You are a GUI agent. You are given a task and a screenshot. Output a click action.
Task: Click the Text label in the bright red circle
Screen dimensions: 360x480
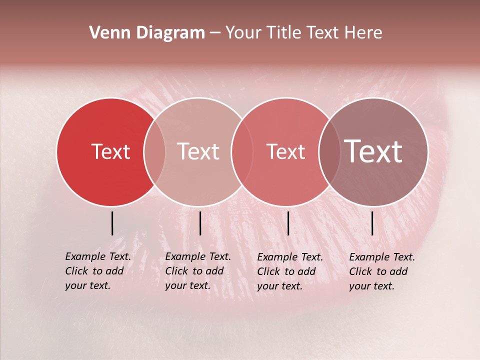coord(110,151)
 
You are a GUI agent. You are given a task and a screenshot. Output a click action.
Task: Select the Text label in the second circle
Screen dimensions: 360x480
coord(198,151)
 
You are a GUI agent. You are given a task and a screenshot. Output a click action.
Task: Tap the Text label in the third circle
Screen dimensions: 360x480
coord(285,151)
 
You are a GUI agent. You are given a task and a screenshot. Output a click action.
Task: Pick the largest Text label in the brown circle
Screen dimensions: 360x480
coord(373,151)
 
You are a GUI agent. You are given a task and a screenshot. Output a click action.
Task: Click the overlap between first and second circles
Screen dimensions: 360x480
coord(154,151)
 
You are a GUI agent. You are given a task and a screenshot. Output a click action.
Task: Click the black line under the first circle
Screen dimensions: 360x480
coord(112,223)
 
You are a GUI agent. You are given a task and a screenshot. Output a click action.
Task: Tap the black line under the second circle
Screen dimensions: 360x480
coord(200,223)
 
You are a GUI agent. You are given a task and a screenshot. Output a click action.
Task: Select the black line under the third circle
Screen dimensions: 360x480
coord(288,223)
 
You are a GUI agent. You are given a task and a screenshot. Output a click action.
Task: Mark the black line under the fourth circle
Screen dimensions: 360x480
coord(372,223)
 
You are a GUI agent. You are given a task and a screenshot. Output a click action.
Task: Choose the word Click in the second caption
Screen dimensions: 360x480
coord(176,271)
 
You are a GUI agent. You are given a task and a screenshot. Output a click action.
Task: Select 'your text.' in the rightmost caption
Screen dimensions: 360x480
coord(371,286)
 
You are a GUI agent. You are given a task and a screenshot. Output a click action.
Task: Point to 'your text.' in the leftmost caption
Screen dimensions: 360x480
coord(87,286)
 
